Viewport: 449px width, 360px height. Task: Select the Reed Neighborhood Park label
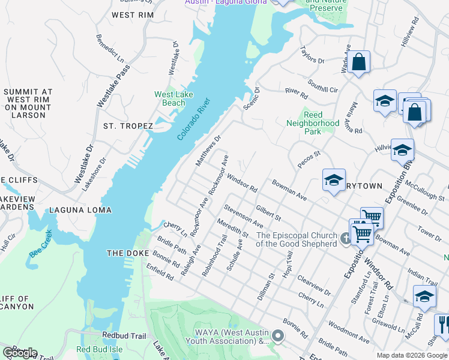[313, 123]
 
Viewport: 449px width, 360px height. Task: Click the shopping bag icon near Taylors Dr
[358, 62]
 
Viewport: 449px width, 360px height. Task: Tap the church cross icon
[345, 239]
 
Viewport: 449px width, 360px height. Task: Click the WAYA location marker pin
[277, 335]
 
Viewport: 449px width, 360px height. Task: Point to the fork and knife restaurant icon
[443, 325]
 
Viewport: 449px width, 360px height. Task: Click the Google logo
[19, 353]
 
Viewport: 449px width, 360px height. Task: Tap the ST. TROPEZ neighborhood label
[128, 126]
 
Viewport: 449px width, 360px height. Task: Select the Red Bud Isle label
[101, 350]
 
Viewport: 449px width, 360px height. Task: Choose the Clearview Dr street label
[315, 281]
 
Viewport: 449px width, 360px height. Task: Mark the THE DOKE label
[128, 253]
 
